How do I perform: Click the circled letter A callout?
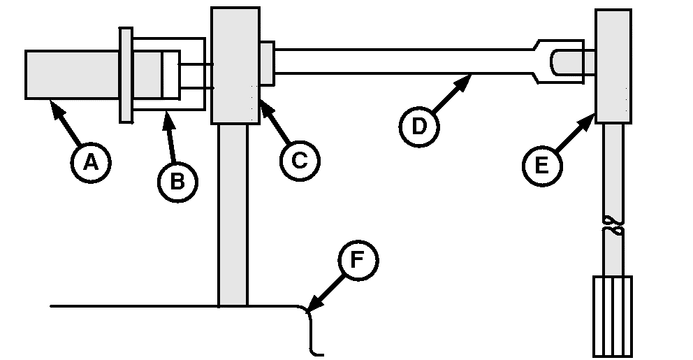(x=90, y=161)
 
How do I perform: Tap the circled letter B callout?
(x=177, y=181)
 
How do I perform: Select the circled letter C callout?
(x=299, y=160)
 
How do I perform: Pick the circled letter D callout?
(x=418, y=127)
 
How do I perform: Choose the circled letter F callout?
(x=357, y=260)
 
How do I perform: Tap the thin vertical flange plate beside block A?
(x=126, y=75)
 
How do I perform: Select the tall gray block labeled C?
(x=235, y=66)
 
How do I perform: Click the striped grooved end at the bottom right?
(x=612, y=316)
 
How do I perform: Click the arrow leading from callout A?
(x=66, y=122)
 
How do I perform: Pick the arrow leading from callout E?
(x=573, y=136)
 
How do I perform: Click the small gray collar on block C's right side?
(x=266, y=64)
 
